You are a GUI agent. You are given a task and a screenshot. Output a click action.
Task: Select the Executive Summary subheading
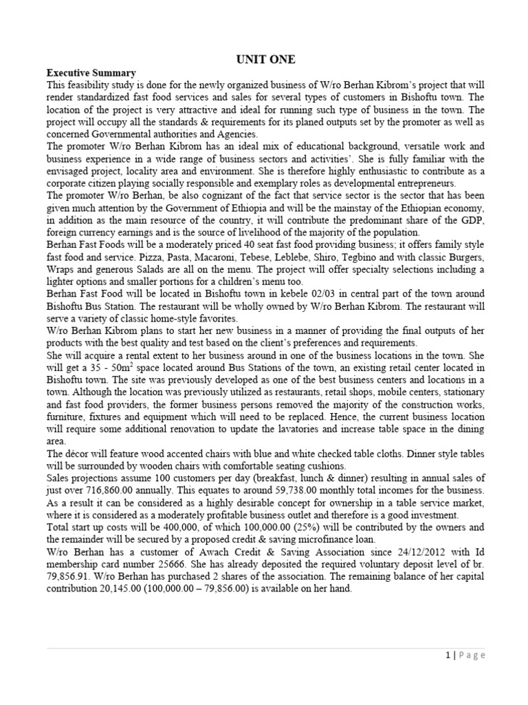point(91,73)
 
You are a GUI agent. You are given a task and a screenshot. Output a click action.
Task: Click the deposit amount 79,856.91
point(69,576)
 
